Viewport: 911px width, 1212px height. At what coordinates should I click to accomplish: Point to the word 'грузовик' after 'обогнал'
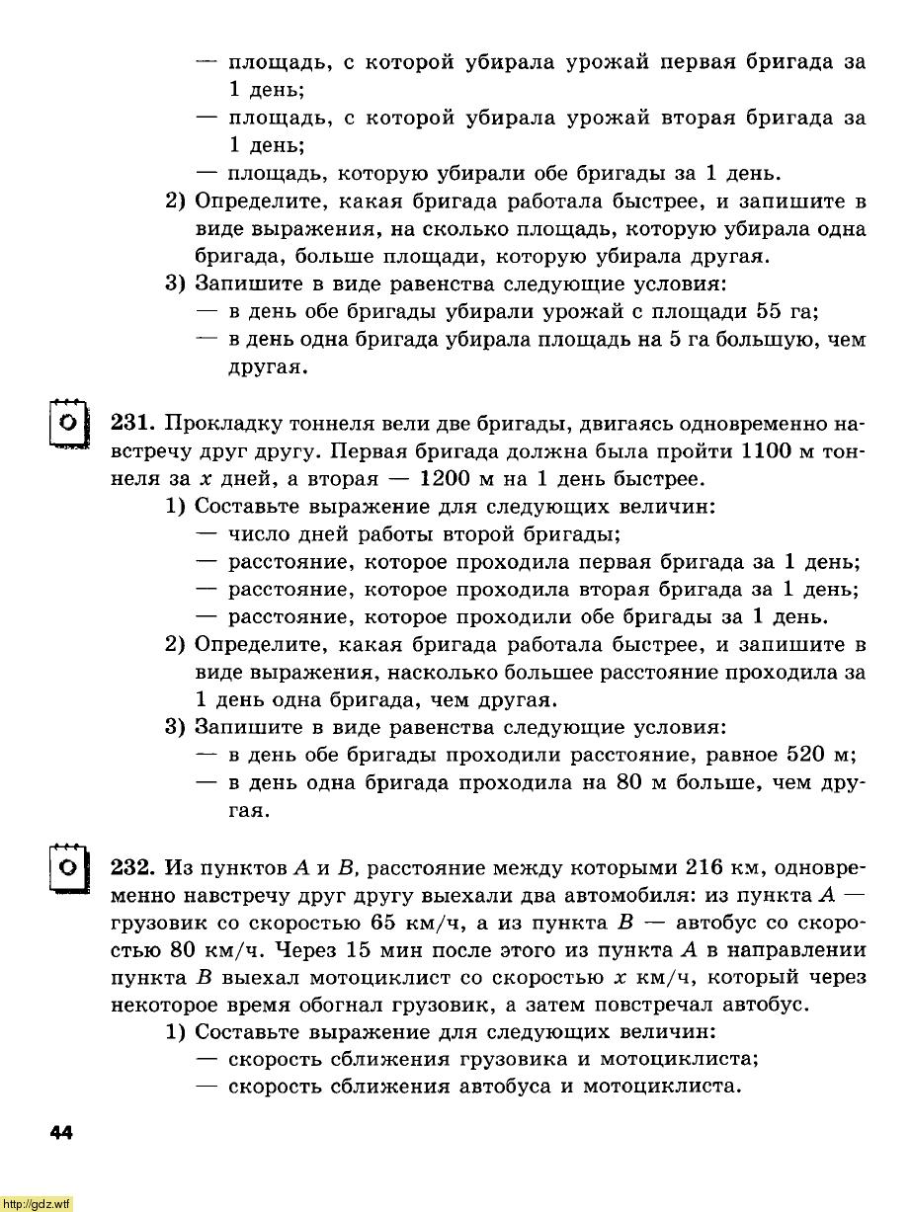pyautogui.click(x=578, y=1006)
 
